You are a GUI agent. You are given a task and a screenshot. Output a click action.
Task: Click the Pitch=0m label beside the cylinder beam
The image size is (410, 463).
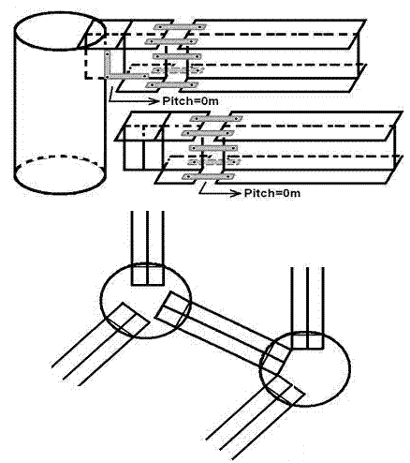190,101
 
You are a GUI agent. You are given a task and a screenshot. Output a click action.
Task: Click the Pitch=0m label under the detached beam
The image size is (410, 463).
272,193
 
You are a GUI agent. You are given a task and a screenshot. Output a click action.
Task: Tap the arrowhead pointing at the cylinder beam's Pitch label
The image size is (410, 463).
154,101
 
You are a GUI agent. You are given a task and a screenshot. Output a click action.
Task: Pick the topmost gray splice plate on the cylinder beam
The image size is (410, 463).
180,27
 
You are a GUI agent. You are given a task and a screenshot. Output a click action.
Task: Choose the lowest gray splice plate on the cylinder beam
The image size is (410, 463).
172,84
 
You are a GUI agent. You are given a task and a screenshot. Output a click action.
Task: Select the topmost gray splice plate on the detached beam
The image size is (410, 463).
216,118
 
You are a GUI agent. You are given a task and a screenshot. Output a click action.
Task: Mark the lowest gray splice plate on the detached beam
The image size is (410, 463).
208,177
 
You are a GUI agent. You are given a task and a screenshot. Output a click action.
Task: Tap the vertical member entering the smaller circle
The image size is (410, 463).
147,247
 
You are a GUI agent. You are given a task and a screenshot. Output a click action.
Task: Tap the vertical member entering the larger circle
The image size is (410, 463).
308,307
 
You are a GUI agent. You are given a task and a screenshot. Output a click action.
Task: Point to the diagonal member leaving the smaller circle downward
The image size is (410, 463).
100,344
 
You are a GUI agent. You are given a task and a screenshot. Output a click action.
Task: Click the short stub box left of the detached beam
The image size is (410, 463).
143,148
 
